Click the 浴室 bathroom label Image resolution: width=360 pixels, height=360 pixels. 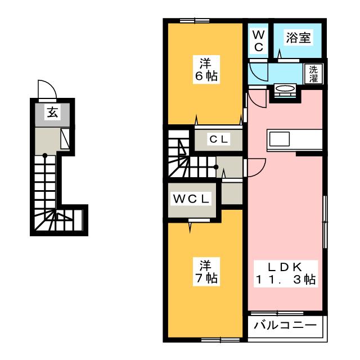tap(298, 38)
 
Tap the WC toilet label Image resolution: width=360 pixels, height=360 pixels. tap(259, 41)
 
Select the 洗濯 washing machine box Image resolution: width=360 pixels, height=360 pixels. tap(313, 74)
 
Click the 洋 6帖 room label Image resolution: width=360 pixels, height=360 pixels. tap(206, 70)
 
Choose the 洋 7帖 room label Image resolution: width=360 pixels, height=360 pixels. tap(206, 272)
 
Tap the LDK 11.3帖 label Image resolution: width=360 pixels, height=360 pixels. tap(285, 273)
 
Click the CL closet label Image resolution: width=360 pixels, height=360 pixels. tap(218, 139)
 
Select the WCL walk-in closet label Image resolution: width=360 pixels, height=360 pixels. tap(191, 199)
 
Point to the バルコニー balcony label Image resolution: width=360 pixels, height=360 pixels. tap(285, 325)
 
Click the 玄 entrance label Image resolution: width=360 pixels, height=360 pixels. tap(52, 112)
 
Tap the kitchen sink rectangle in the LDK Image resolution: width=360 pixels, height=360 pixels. tap(280, 139)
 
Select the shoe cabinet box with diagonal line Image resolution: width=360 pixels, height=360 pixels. tap(65, 139)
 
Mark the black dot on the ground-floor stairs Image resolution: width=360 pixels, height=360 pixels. tap(45, 155)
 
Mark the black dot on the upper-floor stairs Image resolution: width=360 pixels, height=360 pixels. tap(216, 167)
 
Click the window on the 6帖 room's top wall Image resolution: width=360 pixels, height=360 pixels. tap(195, 21)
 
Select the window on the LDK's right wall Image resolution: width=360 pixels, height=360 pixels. tap(325, 222)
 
